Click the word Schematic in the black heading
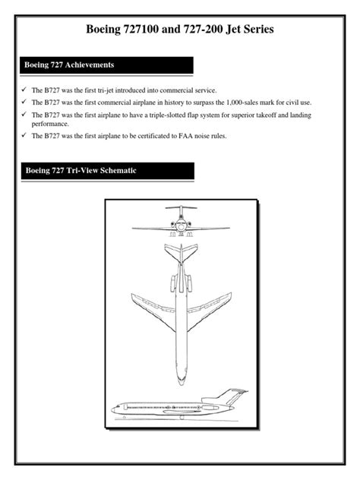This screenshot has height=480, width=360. click(x=112, y=171)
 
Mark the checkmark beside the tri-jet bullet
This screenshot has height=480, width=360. click(x=24, y=90)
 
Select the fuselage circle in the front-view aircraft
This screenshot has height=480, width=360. click(x=180, y=226)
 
